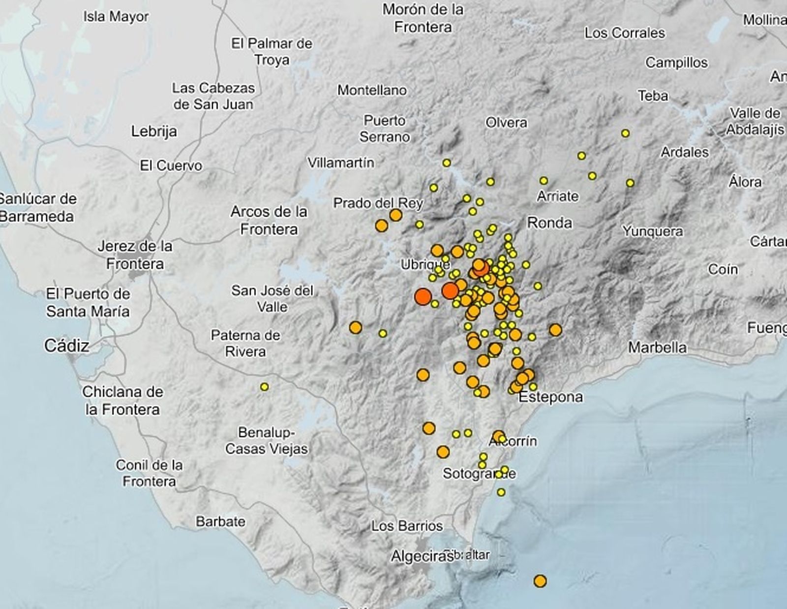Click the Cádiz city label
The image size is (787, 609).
pyautogui.click(x=67, y=346)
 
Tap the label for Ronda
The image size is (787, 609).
pyautogui.click(x=549, y=223)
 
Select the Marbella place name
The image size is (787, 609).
pyautogui.click(x=657, y=347)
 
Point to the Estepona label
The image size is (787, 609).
pyautogui.click(x=551, y=397)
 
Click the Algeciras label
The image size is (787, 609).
pyautogui.click(x=422, y=556)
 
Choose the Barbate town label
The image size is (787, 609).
pyautogui.click(x=220, y=521)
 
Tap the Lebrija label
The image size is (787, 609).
pyautogui.click(x=154, y=131)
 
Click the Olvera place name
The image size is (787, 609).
pyautogui.click(x=506, y=123)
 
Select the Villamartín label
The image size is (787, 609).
pyautogui.click(x=341, y=162)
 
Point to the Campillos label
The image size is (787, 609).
pyautogui.click(x=676, y=63)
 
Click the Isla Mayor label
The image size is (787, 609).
pyautogui.click(x=116, y=17)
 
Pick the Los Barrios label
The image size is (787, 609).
pyautogui.click(x=407, y=526)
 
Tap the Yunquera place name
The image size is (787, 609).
pyautogui.click(x=652, y=231)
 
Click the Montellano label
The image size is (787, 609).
pyautogui.click(x=372, y=90)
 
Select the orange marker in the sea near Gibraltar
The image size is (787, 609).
pyautogui.click(x=540, y=581)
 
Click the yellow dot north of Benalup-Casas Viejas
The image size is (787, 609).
pyautogui.click(x=265, y=387)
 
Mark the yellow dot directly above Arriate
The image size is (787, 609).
pyautogui.click(x=544, y=181)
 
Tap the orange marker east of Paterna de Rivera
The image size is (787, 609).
pyautogui.click(x=355, y=327)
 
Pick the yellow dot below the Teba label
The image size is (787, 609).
pyautogui.click(x=625, y=133)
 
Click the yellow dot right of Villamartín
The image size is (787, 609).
pyautogui.click(x=447, y=163)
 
